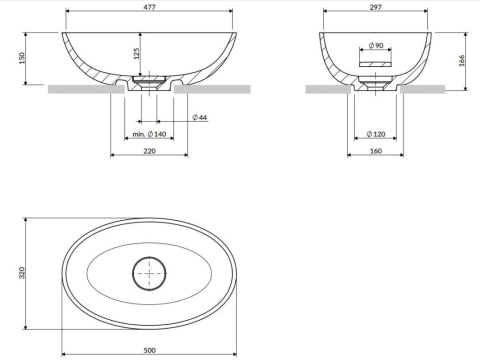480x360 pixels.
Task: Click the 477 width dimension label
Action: point(149,7)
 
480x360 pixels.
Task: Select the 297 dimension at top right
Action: point(376,7)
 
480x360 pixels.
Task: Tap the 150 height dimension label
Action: point(22,58)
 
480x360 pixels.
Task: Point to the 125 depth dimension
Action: point(137,53)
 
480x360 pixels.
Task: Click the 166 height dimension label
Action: point(462,61)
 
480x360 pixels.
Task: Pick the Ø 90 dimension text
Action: point(376,45)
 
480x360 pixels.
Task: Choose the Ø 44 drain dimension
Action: point(200,117)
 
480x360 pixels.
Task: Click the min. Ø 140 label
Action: point(149,134)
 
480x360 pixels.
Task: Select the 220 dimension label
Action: point(149,151)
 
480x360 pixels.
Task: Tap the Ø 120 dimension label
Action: point(376,134)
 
